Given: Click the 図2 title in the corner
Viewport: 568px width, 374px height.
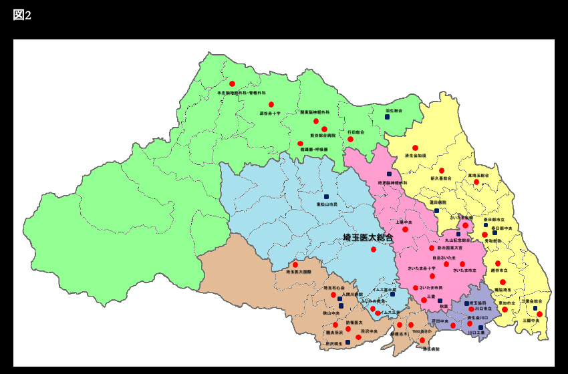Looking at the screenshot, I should coord(22,15).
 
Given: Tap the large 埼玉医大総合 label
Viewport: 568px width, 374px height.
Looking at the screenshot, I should coord(368,237).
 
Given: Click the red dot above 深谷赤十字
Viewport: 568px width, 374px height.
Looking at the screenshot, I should coord(271,105).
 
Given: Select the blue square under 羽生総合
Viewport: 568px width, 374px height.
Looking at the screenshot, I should coord(387,117).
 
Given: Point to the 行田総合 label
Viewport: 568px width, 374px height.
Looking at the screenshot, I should coord(356,132).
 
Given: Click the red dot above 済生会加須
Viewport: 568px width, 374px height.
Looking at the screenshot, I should coord(415,148).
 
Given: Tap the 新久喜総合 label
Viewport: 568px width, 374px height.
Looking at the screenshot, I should coord(440,178).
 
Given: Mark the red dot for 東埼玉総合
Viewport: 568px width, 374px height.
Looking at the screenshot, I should coord(476,182).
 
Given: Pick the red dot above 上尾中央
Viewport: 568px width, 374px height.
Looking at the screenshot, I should coord(405,229).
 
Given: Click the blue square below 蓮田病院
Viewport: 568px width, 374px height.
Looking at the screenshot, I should coord(436,210).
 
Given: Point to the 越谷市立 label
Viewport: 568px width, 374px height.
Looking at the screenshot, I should coord(499,270).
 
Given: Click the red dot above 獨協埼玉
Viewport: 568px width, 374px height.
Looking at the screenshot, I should coord(503,283).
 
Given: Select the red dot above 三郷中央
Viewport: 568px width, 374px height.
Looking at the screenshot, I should coord(539,314).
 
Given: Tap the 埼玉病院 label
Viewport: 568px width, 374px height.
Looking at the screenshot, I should coord(431,349).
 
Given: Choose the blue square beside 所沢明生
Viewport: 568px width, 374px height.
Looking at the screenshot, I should coord(347,342).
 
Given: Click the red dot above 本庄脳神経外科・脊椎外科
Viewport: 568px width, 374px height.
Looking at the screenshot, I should coord(232,84).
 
